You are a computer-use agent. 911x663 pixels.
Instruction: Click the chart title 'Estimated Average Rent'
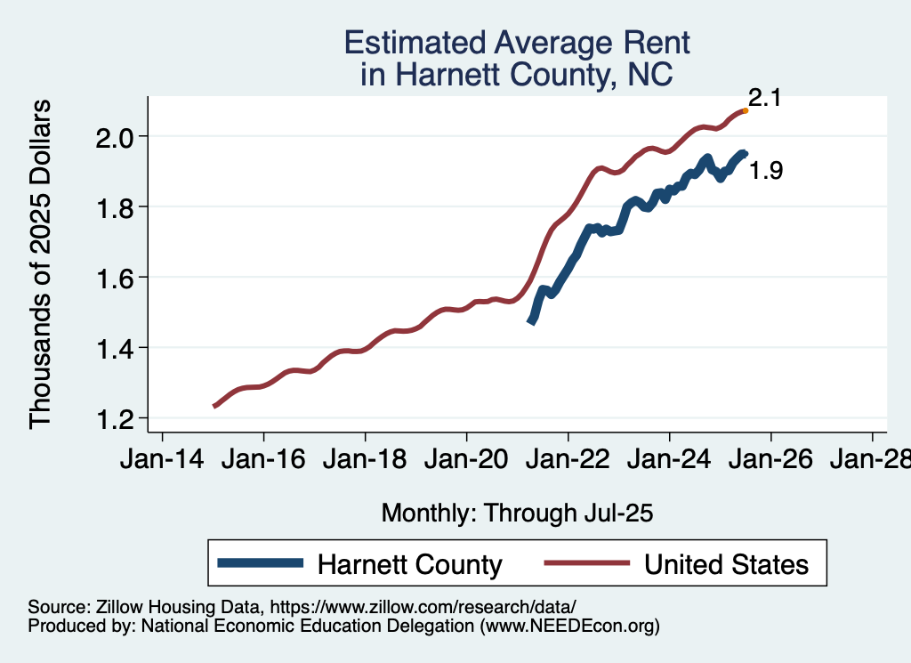(x=516, y=43)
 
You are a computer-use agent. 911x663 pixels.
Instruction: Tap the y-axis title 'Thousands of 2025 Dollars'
(x=41, y=264)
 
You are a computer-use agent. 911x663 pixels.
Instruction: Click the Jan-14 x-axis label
(x=162, y=460)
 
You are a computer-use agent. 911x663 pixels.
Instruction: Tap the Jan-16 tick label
(x=263, y=460)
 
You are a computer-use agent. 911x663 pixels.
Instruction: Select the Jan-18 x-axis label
(x=365, y=460)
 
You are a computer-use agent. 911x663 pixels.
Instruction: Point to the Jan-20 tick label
(x=466, y=460)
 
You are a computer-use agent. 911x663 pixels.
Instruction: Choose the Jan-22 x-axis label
(x=568, y=460)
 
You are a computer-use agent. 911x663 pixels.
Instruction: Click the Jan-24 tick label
(x=669, y=460)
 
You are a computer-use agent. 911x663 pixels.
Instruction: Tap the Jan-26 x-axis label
(x=770, y=460)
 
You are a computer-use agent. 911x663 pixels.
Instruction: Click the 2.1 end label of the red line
(x=764, y=99)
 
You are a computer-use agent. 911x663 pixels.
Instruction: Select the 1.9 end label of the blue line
(x=766, y=171)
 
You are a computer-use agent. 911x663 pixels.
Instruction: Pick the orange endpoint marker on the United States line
(x=746, y=110)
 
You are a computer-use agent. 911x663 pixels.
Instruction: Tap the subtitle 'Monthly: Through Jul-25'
(x=518, y=513)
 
